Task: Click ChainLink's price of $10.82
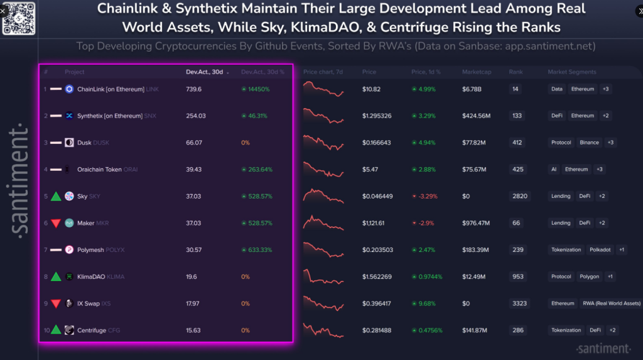point(372,89)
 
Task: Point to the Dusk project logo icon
point(69,143)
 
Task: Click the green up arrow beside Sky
point(56,197)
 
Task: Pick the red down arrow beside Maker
point(56,223)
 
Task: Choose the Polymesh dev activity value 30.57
point(194,250)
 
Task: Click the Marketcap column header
point(476,72)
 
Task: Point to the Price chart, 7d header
point(323,72)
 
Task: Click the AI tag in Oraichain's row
point(554,170)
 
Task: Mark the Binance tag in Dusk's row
point(589,143)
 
